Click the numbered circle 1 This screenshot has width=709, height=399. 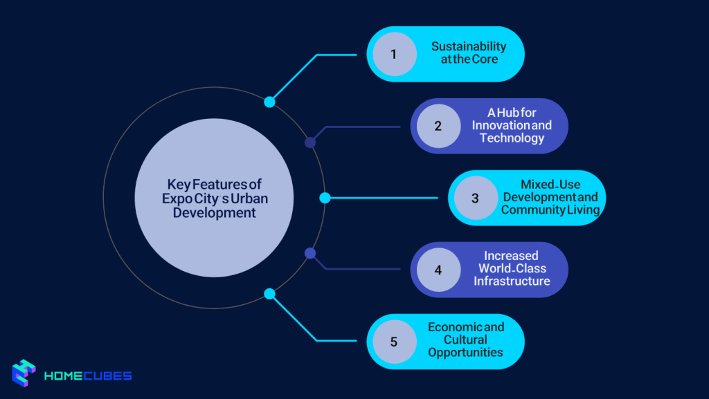tap(394, 54)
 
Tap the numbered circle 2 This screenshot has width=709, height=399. tap(438, 126)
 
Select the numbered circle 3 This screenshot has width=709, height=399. tap(476, 198)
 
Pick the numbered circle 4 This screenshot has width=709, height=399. tap(438, 270)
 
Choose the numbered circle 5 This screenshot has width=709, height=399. tap(394, 341)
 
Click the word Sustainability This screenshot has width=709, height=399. tap(469, 46)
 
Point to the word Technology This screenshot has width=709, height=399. tap(512, 138)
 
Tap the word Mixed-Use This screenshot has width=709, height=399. tap(550, 184)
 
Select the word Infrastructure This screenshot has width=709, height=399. tap(512, 281)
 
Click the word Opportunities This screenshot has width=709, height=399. tap(465, 353)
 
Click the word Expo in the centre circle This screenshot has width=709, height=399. tap(177, 199)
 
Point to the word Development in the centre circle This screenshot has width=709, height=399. tap(215, 212)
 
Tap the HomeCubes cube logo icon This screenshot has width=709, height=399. tap(24, 373)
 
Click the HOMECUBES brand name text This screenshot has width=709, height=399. tap(88, 376)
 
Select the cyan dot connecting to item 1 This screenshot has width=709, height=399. tap(269, 102)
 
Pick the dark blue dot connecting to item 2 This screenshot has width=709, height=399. tap(310, 142)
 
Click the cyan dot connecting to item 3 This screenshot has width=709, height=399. tap(325, 198)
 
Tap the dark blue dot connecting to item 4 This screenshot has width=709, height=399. tap(310, 253)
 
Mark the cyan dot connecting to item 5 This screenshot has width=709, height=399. tap(269, 295)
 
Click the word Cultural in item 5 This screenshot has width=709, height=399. tap(465, 340)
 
